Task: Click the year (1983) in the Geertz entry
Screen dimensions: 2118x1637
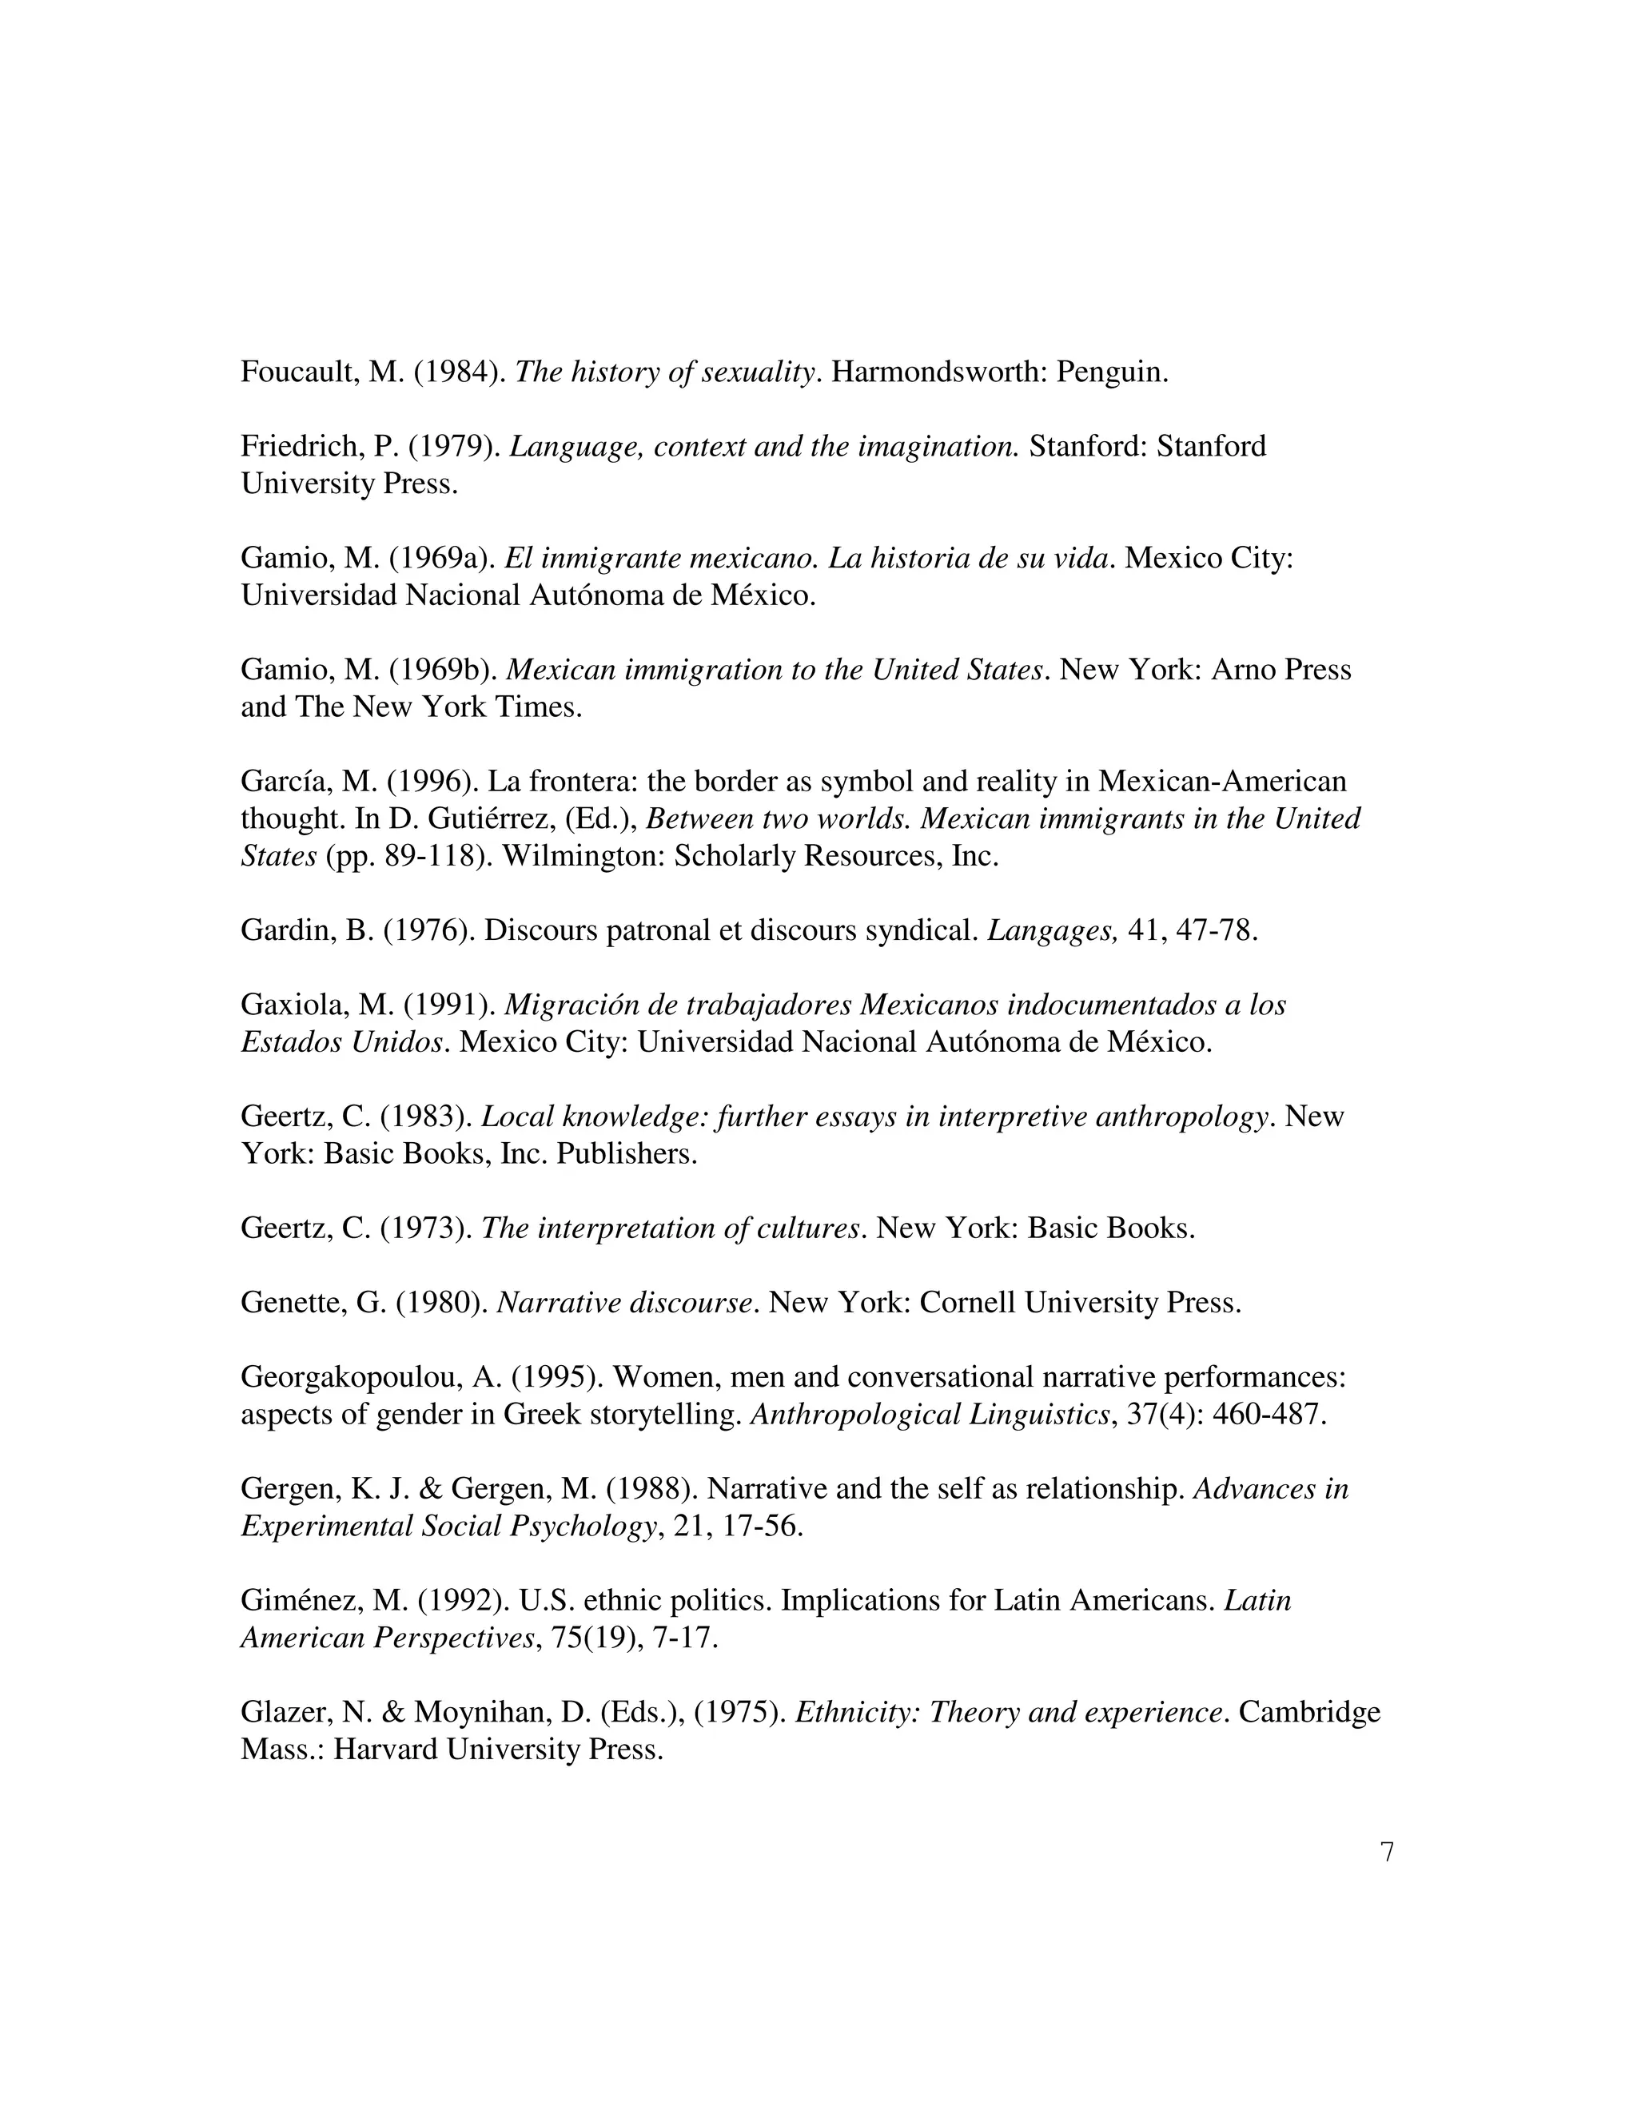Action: tap(427, 1117)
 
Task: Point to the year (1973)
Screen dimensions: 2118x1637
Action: tap(427, 1228)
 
